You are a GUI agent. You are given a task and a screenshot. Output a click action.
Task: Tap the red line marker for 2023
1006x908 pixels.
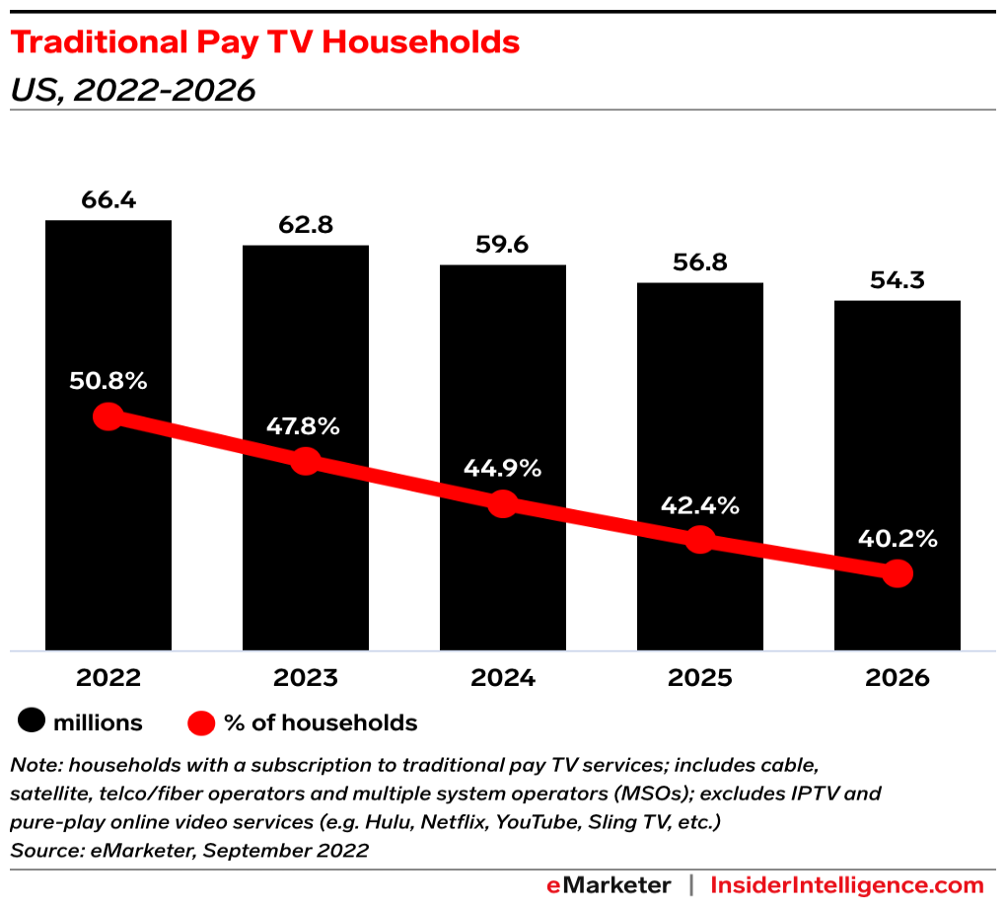(x=306, y=460)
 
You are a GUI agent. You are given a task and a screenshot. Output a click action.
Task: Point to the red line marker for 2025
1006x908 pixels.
(x=699, y=539)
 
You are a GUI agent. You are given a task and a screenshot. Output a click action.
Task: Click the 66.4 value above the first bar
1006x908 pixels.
(x=108, y=200)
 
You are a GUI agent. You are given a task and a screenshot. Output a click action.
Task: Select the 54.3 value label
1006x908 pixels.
(x=898, y=280)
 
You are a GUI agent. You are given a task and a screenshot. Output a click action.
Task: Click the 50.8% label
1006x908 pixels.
(x=108, y=381)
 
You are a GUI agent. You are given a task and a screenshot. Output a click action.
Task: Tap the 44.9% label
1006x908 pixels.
(x=503, y=469)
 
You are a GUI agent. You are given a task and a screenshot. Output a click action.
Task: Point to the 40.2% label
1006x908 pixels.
(x=898, y=539)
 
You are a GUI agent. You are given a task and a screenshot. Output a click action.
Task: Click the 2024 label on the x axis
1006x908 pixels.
(x=503, y=678)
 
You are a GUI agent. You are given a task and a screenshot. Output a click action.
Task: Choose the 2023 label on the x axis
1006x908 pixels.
(x=306, y=678)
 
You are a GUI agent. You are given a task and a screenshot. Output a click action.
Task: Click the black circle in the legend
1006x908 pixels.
(x=32, y=722)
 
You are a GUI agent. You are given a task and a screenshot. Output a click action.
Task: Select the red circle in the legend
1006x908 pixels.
(x=201, y=722)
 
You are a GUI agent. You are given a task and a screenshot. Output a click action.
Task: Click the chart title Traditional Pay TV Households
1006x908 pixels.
(x=264, y=42)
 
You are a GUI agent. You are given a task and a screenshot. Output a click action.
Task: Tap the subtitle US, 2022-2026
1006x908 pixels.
(x=132, y=90)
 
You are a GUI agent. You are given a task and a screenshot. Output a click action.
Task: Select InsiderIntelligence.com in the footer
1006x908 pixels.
(x=847, y=884)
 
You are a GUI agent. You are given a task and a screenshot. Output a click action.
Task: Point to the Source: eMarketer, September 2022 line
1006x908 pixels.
(x=188, y=850)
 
